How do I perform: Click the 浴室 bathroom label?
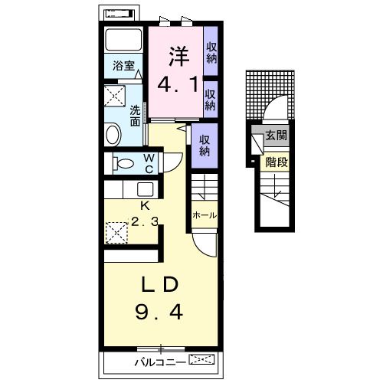click(x=123, y=66)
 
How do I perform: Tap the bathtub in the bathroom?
click(x=123, y=40)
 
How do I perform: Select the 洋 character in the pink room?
click(x=178, y=56)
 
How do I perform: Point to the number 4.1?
click(x=178, y=84)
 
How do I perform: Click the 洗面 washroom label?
click(x=135, y=116)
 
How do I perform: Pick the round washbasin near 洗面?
click(x=113, y=135)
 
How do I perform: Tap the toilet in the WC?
click(x=123, y=163)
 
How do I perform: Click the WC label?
click(x=149, y=163)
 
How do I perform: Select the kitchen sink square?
click(x=145, y=189)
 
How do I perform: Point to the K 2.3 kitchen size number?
click(x=145, y=221)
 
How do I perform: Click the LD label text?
click(x=159, y=284)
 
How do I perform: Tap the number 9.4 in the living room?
click(x=159, y=313)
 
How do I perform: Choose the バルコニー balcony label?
click(x=160, y=362)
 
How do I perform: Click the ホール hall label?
click(x=205, y=215)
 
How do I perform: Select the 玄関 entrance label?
click(x=276, y=135)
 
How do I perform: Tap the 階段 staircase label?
click(x=277, y=162)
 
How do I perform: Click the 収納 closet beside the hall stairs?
click(x=205, y=146)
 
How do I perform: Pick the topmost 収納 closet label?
click(x=211, y=53)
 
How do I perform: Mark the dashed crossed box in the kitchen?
click(x=116, y=233)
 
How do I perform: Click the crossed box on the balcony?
click(x=201, y=359)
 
